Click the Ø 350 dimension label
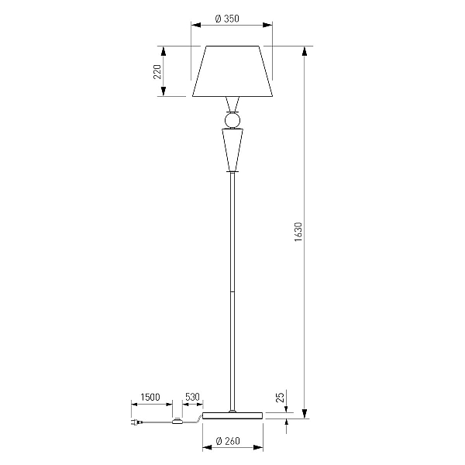pos(227,19)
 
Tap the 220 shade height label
pos(157,72)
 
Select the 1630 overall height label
pos(298,232)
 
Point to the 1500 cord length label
pos(150,397)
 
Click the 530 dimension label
pos(192,397)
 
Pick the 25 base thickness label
pos(281,397)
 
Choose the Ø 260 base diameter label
pos(228,441)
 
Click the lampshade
pos(232,71)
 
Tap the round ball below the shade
pos(232,120)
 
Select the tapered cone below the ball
pos(232,150)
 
